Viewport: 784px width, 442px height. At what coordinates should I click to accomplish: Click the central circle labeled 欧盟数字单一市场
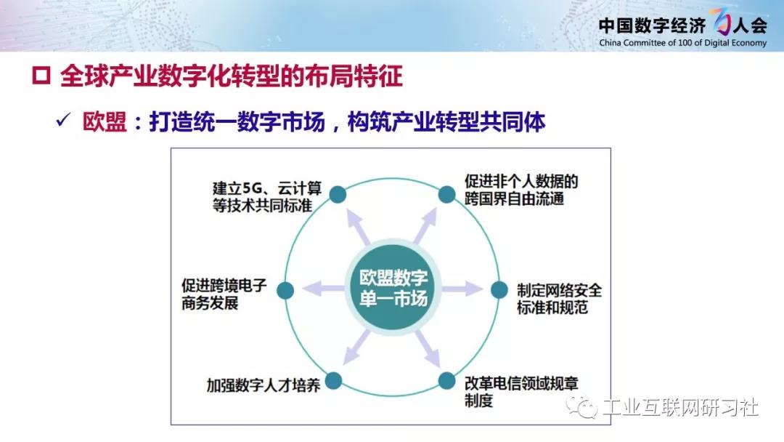(393, 288)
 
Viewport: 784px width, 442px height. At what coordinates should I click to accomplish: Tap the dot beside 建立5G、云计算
(338, 194)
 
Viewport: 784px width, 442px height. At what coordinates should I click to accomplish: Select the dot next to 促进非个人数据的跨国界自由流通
(446, 194)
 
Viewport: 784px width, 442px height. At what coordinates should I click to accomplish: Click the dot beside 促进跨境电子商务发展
(285, 290)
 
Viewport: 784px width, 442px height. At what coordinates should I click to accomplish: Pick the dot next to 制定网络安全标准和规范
(499, 289)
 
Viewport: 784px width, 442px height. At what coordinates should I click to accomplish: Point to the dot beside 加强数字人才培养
(333, 381)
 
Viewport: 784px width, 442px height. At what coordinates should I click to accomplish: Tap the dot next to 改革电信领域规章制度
(446, 381)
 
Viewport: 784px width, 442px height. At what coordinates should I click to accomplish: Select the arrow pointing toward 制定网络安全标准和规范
(462, 289)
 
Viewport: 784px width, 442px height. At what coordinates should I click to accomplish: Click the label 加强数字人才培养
(264, 385)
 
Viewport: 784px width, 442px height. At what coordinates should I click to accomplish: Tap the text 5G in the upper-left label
(253, 189)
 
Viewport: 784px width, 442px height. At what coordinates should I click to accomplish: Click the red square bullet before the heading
(41, 76)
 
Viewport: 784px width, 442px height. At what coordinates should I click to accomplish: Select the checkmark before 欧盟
(63, 120)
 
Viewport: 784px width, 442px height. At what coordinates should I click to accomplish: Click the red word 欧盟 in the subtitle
(105, 121)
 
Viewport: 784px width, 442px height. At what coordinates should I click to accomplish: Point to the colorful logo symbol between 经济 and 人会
(719, 22)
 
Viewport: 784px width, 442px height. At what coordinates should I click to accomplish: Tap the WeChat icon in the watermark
(581, 406)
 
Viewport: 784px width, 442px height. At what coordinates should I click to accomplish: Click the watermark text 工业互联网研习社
(680, 407)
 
